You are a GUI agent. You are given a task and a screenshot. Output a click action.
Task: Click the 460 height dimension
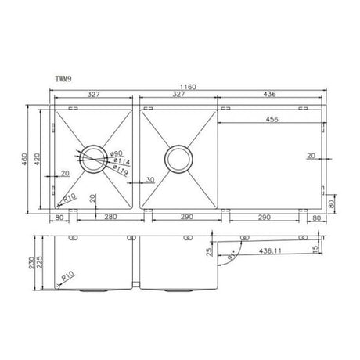click(23, 159)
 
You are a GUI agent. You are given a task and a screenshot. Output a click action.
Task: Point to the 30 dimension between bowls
click(149, 179)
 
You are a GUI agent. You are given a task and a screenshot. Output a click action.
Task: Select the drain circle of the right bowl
click(178, 159)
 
